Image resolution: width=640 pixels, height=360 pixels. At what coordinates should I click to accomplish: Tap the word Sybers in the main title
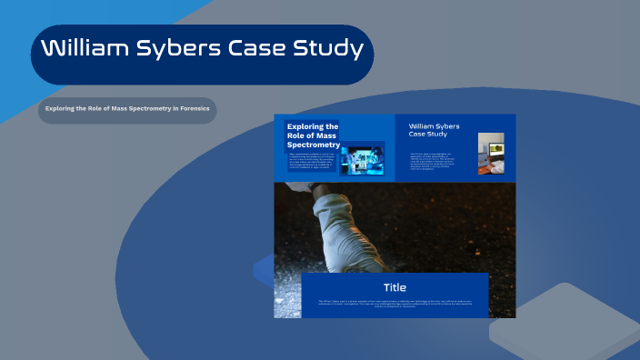pyautogui.click(x=185, y=49)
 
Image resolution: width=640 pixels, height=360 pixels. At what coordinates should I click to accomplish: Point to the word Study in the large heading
pyautogui.click(x=330, y=49)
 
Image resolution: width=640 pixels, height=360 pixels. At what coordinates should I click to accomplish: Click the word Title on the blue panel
pyautogui.click(x=395, y=287)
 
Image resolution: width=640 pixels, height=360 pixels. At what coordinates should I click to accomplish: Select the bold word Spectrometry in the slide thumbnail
pyautogui.click(x=313, y=145)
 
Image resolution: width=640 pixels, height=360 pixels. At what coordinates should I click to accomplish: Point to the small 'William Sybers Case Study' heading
pyautogui.click(x=434, y=130)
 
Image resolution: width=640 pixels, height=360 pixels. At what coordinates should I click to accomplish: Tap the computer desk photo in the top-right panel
pyautogui.click(x=491, y=154)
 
